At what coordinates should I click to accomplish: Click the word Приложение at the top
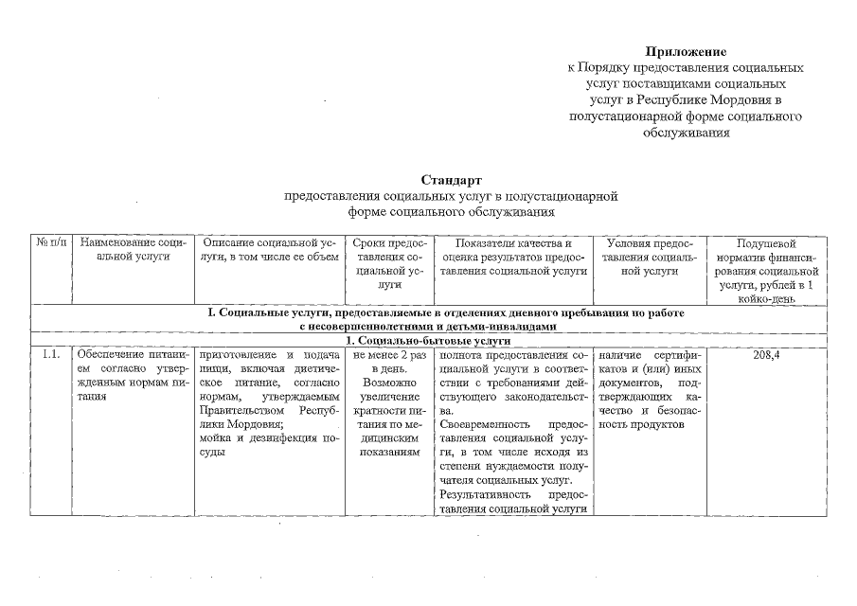(x=686, y=51)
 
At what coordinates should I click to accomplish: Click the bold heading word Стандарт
(x=452, y=180)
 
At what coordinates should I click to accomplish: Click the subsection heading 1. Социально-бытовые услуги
(x=429, y=340)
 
